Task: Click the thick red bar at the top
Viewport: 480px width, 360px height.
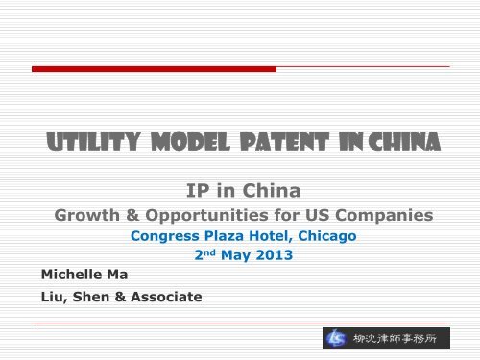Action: (154, 69)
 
